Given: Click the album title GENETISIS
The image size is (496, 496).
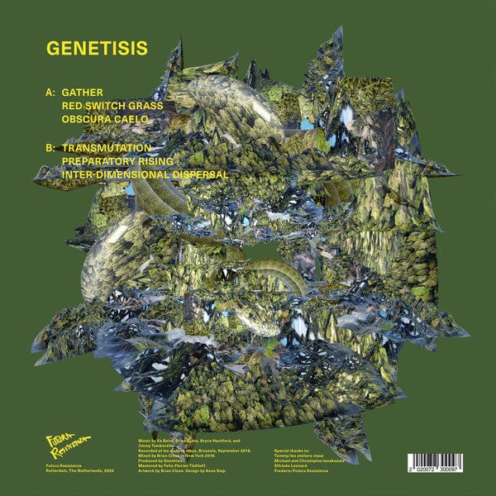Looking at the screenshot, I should click(x=98, y=47).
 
